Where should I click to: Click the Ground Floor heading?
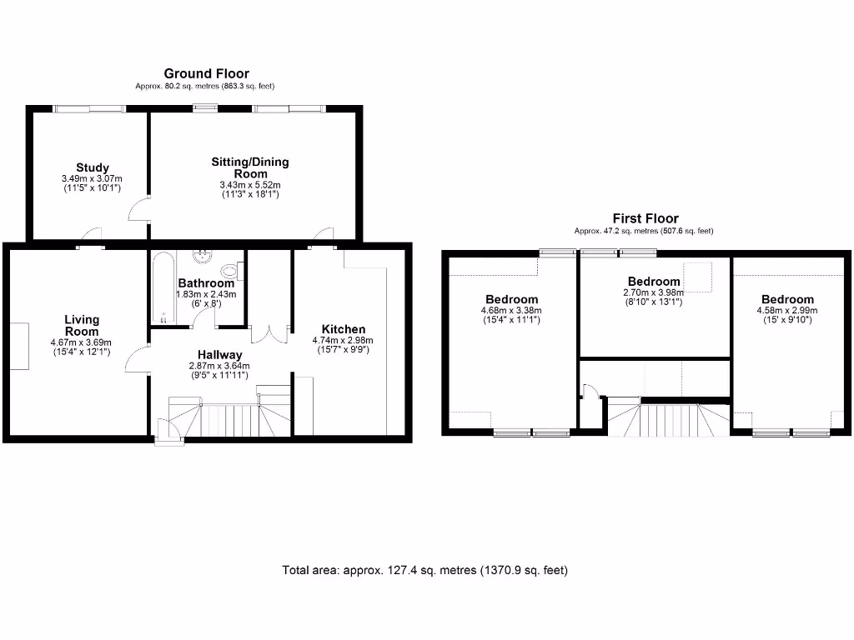point(206,74)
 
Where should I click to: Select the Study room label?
point(92,168)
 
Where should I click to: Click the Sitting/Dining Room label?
point(250,167)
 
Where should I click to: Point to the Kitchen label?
point(342,330)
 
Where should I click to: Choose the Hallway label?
point(220,355)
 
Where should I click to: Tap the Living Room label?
point(83,325)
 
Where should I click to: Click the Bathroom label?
point(206,283)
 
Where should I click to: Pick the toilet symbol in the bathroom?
point(231,271)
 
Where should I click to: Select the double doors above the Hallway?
point(269,333)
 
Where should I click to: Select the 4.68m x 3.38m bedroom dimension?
point(511,311)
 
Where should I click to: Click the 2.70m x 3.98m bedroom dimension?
point(653,292)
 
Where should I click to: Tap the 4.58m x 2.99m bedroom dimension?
point(786,311)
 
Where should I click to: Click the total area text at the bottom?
point(424,571)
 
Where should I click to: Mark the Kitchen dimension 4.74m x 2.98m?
point(342,340)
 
